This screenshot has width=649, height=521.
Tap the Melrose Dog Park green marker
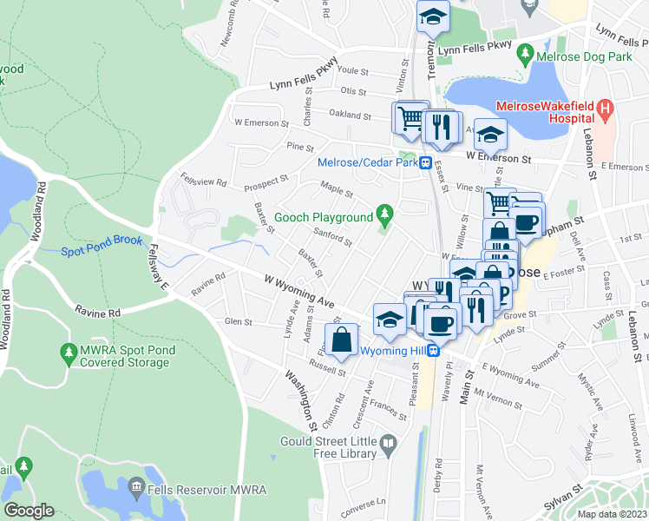[525, 54]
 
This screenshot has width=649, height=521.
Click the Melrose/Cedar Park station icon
[426, 162]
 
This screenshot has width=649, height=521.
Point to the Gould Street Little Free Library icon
[389, 446]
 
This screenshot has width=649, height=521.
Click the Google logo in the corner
[29, 511]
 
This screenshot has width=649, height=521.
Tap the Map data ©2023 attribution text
[612, 514]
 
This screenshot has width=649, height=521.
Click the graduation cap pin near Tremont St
[431, 16]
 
